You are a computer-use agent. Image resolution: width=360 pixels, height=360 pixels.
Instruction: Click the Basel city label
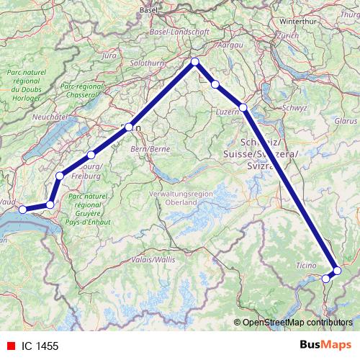pos(148,10)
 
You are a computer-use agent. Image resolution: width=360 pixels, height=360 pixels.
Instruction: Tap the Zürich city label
pos(287,35)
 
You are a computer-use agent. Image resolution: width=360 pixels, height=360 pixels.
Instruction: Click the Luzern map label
pos(227,113)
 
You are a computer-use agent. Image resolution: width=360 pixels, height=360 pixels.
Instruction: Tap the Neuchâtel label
pos(50,116)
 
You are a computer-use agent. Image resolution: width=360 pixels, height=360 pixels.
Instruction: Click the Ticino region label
pos(306,266)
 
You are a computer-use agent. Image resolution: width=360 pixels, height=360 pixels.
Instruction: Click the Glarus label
pos(346,122)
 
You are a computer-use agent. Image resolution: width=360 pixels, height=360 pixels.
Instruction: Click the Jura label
pos(109,55)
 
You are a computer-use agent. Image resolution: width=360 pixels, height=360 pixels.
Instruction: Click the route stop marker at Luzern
pos(243,108)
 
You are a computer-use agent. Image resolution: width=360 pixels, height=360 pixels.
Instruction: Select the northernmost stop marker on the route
pos(195,62)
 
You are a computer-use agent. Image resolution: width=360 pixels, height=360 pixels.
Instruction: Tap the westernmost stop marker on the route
pos(22,210)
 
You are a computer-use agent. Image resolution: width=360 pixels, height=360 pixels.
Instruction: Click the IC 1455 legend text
pos(40,346)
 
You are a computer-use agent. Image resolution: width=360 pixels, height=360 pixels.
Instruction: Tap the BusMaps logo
pos(329,346)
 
